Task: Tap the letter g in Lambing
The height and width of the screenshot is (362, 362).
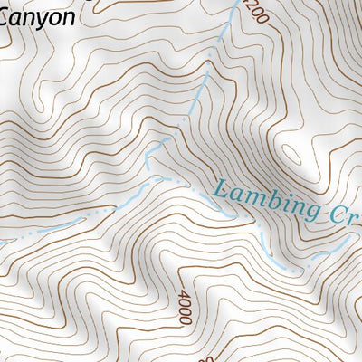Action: (x=311, y=214)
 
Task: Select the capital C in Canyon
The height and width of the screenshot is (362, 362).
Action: (x=7, y=16)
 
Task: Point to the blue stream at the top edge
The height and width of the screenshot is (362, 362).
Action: (x=233, y=4)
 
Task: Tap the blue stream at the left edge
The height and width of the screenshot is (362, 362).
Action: (x=4, y=243)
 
